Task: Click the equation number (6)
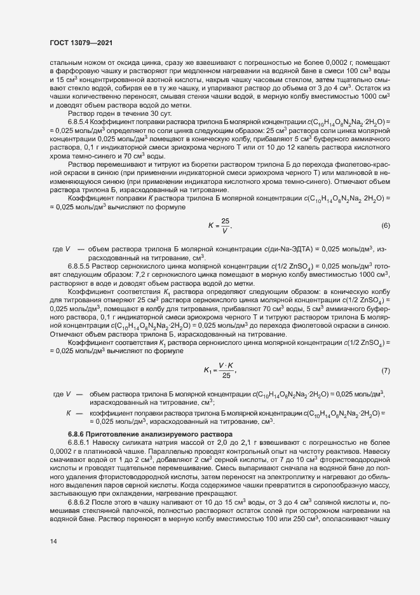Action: [385, 226]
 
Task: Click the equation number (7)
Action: [385, 370]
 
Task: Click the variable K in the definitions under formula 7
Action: [68, 412]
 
